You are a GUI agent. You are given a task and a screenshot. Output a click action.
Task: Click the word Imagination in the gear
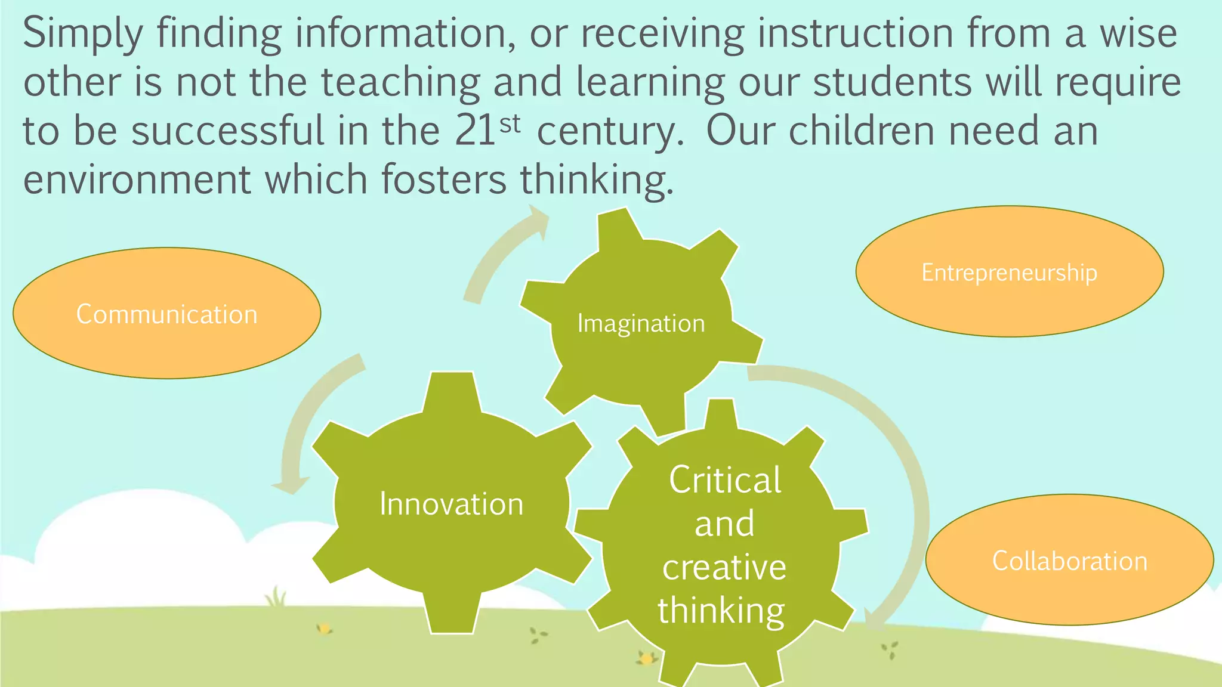(641, 324)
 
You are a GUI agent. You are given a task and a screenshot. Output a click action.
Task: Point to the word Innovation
(452, 504)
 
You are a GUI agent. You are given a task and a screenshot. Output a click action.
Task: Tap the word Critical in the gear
(725, 479)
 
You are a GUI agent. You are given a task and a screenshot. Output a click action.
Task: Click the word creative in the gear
(724, 567)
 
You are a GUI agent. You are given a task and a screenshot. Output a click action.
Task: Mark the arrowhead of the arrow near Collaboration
(874, 621)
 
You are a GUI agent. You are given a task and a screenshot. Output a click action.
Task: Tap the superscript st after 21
(510, 124)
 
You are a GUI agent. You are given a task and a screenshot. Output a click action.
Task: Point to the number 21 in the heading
(474, 131)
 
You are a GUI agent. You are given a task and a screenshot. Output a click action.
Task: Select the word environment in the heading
(137, 180)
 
